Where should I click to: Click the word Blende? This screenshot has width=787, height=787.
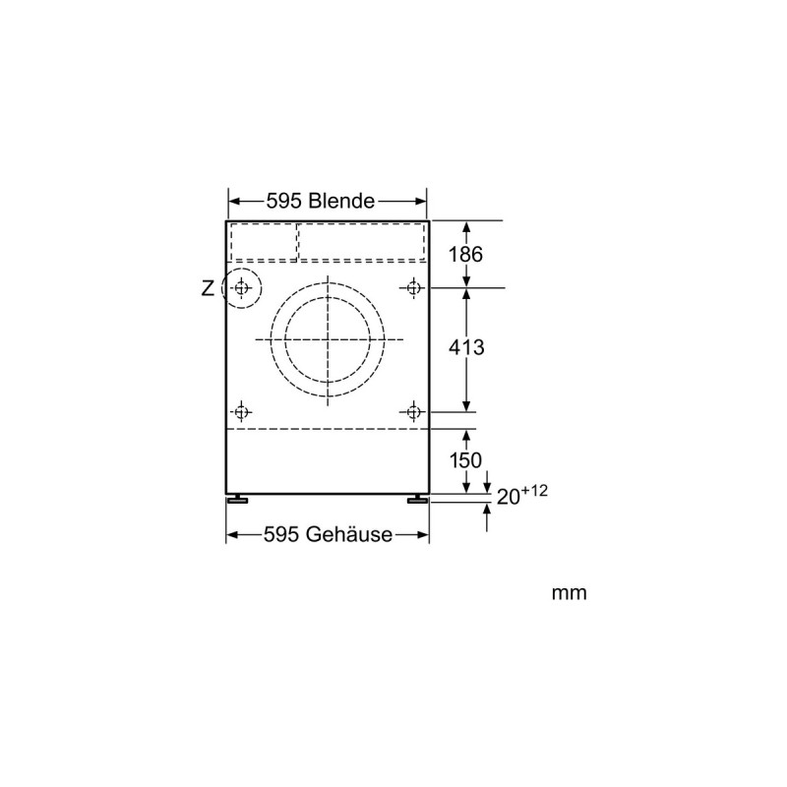[341, 201]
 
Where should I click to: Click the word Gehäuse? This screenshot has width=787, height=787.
[349, 534]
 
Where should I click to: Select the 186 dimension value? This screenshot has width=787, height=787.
[465, 255]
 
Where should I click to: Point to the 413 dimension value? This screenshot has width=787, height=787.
[466, 347]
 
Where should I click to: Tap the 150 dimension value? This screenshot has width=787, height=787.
[465, 460]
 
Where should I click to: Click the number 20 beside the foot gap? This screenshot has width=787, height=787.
[508, 497]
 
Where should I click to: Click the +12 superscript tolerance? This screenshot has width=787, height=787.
[534, 490]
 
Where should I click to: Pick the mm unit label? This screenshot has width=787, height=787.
[569, 593]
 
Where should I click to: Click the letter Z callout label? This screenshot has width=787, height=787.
[208, 288]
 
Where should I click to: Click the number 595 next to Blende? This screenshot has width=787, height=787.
[283, 201]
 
